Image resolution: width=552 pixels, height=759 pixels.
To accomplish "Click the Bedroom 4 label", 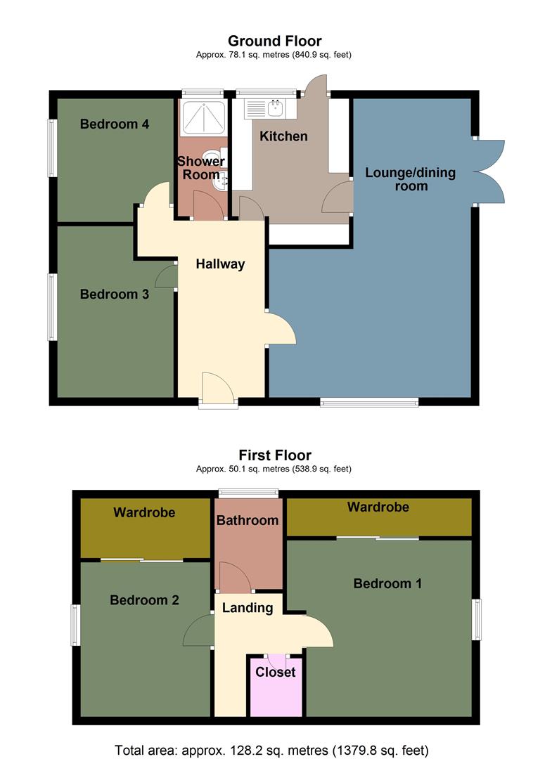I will point(115,124).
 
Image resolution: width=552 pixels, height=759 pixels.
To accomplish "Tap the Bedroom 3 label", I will point(115,294).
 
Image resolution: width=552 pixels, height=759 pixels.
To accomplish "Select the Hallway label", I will point(221,264).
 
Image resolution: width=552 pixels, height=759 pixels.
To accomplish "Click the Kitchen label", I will point(284,136).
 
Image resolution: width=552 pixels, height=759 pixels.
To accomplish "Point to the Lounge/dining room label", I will point(411,179).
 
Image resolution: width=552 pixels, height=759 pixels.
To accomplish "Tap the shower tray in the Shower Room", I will point(203,116).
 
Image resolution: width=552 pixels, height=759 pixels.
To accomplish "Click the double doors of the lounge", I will point(490,171).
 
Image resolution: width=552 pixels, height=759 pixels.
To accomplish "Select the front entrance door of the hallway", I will point(218,389).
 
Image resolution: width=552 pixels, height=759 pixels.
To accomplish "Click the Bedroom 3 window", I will point(52,307).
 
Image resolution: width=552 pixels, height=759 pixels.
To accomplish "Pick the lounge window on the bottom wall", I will point(369,402).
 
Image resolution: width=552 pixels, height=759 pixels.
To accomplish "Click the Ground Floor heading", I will point(275,41).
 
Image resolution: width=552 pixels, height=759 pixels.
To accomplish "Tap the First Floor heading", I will point(275,455).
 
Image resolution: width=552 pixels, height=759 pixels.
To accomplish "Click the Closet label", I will point(276,673).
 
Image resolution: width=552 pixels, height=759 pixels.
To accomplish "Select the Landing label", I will point(248,608).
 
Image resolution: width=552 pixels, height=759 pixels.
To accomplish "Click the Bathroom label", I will point(248,521).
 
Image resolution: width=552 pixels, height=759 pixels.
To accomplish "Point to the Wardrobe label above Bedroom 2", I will point(144,512).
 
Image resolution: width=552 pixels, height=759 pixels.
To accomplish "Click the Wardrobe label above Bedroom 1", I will point(378,507).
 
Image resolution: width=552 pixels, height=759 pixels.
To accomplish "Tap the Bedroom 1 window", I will point(476,619).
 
